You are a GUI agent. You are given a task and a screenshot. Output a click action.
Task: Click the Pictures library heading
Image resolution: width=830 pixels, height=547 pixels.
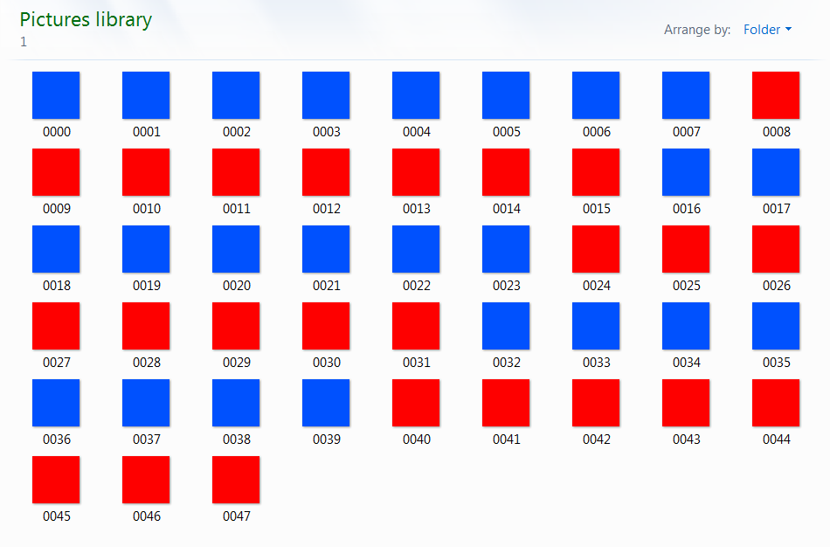(86, 20)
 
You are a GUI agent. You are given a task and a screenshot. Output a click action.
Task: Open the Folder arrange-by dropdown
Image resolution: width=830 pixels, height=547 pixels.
(767, 30)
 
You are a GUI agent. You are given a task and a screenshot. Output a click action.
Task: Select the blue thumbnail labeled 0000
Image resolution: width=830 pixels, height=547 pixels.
(56, 94)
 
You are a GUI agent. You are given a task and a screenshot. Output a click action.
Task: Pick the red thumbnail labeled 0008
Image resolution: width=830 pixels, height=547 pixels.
(776, 94)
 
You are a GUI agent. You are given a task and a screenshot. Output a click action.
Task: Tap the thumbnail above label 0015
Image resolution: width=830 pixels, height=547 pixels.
(596, 171)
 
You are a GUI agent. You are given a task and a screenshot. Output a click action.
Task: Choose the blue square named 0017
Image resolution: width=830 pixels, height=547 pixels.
(776, 171)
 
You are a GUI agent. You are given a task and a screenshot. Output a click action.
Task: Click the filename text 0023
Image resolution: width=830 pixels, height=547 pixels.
(506, 286)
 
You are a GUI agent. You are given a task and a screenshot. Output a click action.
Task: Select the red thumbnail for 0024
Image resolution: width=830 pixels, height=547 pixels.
(596, 248)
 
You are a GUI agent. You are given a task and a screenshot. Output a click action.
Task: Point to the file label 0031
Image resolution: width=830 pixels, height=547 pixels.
(416, 363)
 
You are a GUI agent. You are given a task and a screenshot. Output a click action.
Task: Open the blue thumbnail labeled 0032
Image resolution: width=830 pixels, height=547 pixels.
(506, 325)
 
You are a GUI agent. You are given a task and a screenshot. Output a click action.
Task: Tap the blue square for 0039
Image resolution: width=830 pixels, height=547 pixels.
(326, 402)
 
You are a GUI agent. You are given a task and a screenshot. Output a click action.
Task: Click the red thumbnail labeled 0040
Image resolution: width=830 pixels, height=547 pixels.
(416, 402)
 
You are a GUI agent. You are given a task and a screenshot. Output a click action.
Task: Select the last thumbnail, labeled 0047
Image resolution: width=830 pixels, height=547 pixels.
(236, 479)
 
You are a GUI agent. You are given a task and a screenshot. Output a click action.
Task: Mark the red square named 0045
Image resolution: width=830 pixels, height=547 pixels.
(56, 479)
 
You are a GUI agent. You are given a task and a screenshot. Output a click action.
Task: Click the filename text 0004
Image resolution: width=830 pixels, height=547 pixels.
(416, 132)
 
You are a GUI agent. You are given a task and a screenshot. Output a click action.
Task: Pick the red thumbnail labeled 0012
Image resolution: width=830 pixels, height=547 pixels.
(326, 171)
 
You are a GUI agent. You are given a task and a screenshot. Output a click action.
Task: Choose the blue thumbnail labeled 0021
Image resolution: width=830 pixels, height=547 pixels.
(326, 248)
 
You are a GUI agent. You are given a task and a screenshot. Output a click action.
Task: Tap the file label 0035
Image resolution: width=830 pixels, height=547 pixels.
(776, 363)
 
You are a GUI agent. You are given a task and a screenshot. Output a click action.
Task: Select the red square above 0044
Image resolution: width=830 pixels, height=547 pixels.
(776, 402)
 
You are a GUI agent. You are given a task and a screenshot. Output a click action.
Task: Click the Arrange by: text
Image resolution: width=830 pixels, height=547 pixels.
(697, 30)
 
